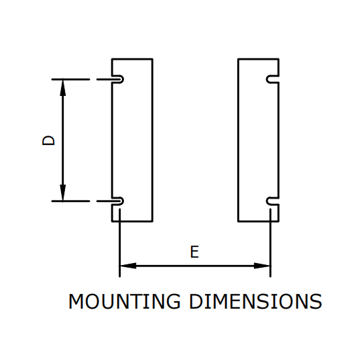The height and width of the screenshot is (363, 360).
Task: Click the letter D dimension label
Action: coord(48,140)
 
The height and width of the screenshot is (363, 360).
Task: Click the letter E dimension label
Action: coord(194,252)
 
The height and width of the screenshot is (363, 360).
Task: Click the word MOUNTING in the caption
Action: coord(124,301)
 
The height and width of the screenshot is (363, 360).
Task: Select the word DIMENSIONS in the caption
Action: coord(255,301)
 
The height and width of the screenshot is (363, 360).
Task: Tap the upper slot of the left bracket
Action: coord(118,79)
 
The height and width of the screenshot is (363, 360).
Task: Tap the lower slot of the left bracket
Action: coord(118,201)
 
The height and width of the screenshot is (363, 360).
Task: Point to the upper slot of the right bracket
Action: coord(273,79)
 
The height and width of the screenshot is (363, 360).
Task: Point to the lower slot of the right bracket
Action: coord(273,201)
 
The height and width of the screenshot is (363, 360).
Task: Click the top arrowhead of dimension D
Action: coord(63,87)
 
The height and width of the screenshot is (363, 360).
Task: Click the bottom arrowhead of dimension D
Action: coord(63,193)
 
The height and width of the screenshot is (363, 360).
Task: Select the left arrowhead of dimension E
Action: coord(128,266)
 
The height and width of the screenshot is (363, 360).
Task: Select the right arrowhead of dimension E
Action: coord(262,266)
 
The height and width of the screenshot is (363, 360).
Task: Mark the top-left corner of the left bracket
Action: coord(112,59)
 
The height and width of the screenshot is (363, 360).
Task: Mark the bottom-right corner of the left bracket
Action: coord(152,221)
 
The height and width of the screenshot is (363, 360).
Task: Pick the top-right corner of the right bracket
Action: coord(279,59)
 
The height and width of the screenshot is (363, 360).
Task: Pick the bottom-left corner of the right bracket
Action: coord(238,221)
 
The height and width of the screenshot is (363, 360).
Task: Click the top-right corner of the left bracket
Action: coord(152,59)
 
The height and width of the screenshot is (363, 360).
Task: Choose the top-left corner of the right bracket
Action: coord(238,59)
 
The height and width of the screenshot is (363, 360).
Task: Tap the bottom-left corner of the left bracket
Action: coord(112,221)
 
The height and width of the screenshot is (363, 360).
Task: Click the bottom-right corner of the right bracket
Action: coord(279,221)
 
